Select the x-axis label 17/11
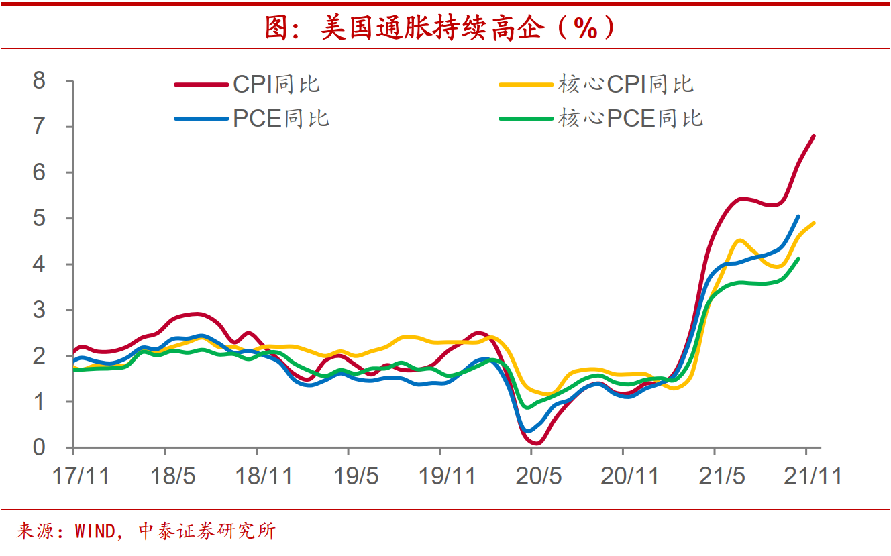pyautogui.click(x=81, y=476)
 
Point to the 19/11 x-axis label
pyautogui.click(x=448, y=476)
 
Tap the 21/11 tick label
pyautogui.click(x=814, y=476)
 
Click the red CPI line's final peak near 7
pyautogui.click(x=814, y=136)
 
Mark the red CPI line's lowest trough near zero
pyautogui.click(x=537, y=443)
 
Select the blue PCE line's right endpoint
pyautogui.click(x=798, y=216)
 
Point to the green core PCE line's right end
pyautogui.click(x=798, y=258)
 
